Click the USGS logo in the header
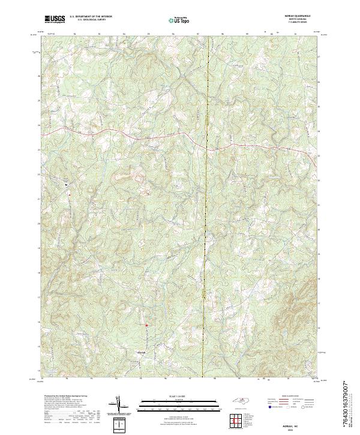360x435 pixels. click(56, 19)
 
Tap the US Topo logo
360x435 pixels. click(179, 20)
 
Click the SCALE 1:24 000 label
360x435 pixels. click(179, 397)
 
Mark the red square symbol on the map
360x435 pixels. click(145, 325)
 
